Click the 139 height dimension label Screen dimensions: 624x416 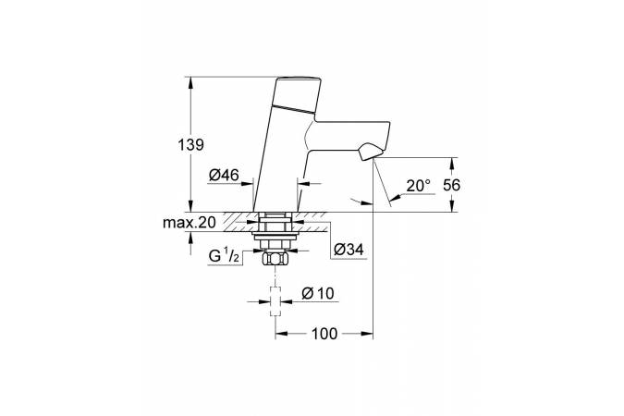point(190,145)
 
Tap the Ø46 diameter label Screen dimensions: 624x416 point(224,175)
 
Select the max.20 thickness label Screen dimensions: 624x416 point(189,223)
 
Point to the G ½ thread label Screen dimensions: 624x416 point(224,256)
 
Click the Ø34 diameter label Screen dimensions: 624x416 point(349,250)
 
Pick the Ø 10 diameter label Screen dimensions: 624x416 point(318,293)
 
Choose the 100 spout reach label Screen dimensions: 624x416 point(324,334)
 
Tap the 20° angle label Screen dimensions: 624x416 point(418,186)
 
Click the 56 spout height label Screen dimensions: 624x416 point(451,185)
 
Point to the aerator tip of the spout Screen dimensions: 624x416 point(371,153)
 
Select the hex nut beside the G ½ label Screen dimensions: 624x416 point(275,259)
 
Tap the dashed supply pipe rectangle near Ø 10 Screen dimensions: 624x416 point(275,301)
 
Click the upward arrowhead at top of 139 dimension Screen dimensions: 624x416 point(190,82)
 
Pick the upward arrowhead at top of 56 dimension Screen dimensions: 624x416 point(451,164)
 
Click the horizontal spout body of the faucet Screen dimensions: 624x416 point(349,135)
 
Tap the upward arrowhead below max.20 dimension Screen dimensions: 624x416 point(190,239)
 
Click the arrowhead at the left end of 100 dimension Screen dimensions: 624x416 point(282,334)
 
